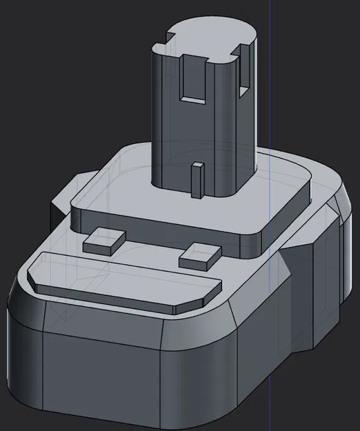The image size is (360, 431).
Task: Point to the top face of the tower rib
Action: click(x=197, y=166)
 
